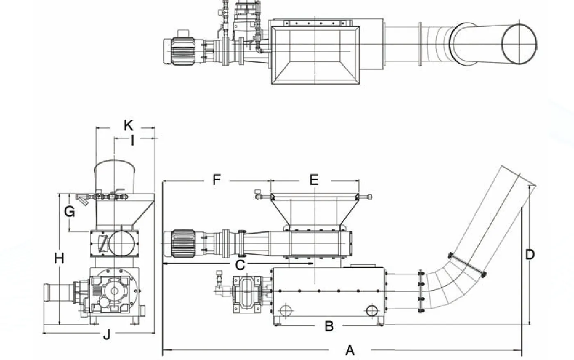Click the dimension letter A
pyautogui.click(x=350, y=350)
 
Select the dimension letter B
pyautogui.click(x=329, y=326)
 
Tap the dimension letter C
pyautogui.click(x=240, y=265)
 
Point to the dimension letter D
pyautogui.click(x=530, y=255)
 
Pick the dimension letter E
pyautogui.click(x=314, y=180)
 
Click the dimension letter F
pyautogui.click(x=216, y=180)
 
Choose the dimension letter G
pyautogui.click(x=70, y=212)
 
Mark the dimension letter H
pyautogui.click(x=59, y=258)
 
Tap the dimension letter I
pyautogui.click(x=132, y=141)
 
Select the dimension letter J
pyautogui.click(x=106, y=335)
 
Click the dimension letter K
pyautogui.click(x=128, y=125)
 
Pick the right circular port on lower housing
pyautogui.click(x=372, y=310)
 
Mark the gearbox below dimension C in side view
pyautogui.click(x=246, y=294)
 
